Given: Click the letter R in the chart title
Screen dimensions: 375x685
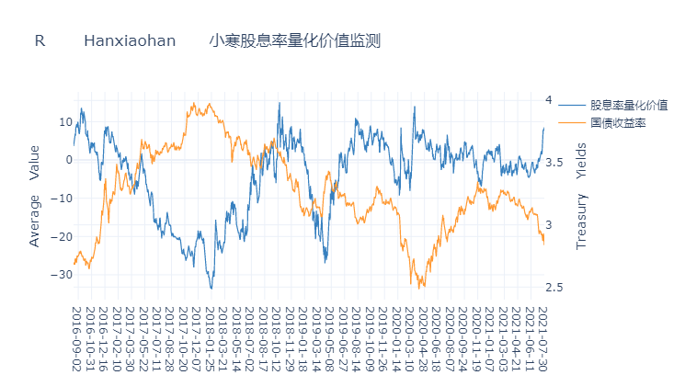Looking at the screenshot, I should (x=40, y=41).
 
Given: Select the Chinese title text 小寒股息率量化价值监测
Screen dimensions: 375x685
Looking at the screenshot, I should (x=294, y=41).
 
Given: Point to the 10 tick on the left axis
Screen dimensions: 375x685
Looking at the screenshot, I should (x=65, y=121).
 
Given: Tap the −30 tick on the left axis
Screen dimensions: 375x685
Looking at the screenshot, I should (x=62, y=275).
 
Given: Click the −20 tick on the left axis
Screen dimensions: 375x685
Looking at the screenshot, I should (x=62, y=236).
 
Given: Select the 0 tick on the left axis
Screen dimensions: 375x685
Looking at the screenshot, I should (x=68, y=160).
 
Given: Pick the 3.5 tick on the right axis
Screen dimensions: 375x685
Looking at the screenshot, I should (x=554, y=163).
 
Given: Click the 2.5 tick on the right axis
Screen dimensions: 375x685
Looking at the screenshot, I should (x=554, y=288).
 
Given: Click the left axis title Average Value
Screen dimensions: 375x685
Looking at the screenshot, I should (x=35, y=195).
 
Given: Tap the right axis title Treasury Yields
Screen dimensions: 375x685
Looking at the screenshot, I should (x=580, y=196).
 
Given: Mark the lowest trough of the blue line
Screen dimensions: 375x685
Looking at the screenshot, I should (x=211, y=289).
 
